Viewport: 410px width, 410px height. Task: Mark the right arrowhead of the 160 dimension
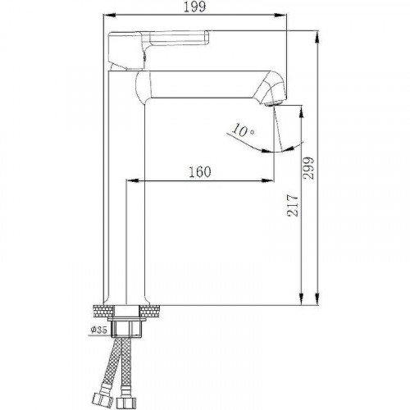pyautogui.click(x=270, y=180)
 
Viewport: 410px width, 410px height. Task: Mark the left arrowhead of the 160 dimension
pyautogui.click(x=130, y=180)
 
